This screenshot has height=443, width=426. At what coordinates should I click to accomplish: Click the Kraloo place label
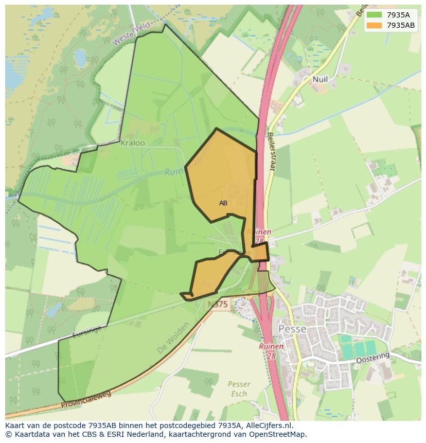tap(133, 143)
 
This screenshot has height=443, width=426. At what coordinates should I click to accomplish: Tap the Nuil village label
tap(320, 79)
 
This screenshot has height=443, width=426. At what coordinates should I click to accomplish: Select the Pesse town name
tap(292, 329)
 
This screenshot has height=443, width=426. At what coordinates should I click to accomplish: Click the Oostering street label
tap(373, 358)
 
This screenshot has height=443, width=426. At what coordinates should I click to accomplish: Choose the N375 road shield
tap(218, 305)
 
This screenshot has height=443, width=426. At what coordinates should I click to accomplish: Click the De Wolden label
tap(171, 342)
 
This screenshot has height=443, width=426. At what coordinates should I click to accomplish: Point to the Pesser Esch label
tap(239, 389)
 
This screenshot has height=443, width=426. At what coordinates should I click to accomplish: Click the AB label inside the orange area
tap(223, 203)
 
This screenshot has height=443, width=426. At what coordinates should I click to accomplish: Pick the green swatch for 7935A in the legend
tap(375, 14)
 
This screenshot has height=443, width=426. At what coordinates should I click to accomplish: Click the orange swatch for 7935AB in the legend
tap(375, 25)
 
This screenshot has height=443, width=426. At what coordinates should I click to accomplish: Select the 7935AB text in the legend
tap(401, 25)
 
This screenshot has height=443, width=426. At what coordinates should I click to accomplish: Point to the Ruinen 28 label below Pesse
tap(271, 350)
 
